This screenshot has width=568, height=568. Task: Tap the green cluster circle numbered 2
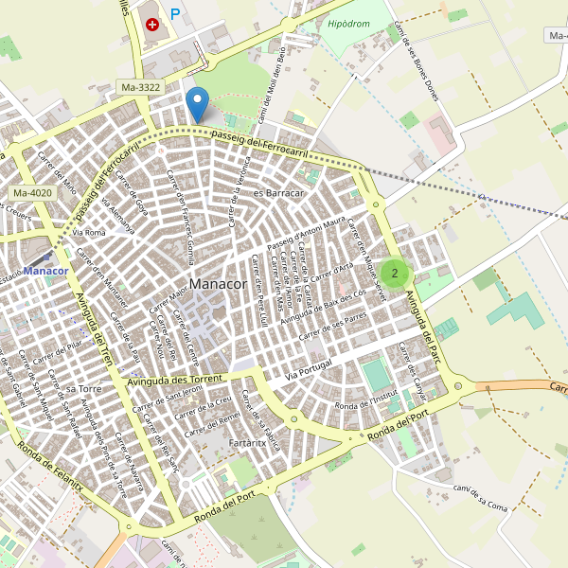click(x=394, y=274)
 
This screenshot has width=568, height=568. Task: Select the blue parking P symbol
click(x=175, y=15)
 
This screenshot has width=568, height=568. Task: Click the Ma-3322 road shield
click(x=141, y=87)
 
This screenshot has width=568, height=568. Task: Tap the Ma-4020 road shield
click(x=32, y=194)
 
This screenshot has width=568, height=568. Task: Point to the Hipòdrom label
click(x=347, y=24)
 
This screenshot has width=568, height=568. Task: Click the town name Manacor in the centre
click(x=218, y=284)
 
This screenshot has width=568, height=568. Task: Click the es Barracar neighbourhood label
click(x=277, y=193)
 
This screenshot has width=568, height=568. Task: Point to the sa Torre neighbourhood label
click(x=84, y=389)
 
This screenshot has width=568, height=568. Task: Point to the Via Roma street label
click(x=89, y=232)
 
